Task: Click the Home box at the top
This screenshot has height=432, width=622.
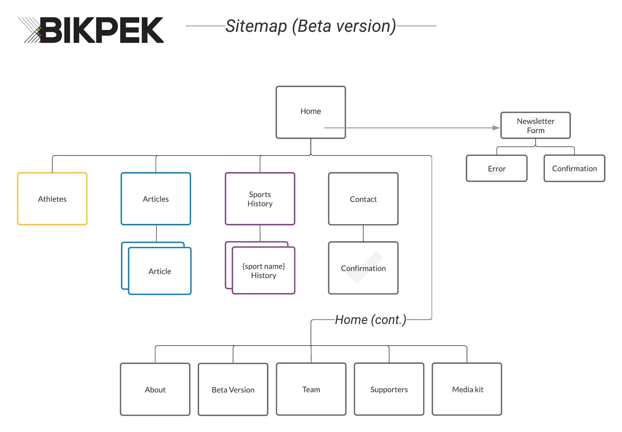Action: pos(310,112)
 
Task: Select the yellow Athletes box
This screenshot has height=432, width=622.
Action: pos(52,199)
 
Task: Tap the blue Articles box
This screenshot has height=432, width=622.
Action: pos(155,199)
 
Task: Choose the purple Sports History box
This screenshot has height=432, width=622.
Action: pos(260,199)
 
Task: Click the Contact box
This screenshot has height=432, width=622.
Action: pos(363,199)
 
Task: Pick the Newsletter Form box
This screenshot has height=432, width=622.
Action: pos(535,125)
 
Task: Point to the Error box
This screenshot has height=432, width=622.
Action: pos(496,168)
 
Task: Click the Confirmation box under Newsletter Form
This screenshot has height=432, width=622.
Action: pos(574,168)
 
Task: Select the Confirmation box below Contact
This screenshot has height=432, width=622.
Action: pos(363,268)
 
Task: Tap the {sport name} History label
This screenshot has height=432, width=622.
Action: pos(263,270)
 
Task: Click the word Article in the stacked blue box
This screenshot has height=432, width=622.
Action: pos(160,271)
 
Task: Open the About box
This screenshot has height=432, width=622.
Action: pos(155,389)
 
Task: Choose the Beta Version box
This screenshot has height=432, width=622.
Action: pos(233,389)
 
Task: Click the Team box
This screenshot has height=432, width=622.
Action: pos(311,389)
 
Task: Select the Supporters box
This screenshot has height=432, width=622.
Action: pos(389,389)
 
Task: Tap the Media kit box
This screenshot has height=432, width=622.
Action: pos(467,389)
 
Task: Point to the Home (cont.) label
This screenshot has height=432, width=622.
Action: pos(370,320)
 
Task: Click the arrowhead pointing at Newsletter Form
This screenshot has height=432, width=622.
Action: pos(496,128)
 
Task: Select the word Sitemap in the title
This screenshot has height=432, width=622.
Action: pos(256,26)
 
